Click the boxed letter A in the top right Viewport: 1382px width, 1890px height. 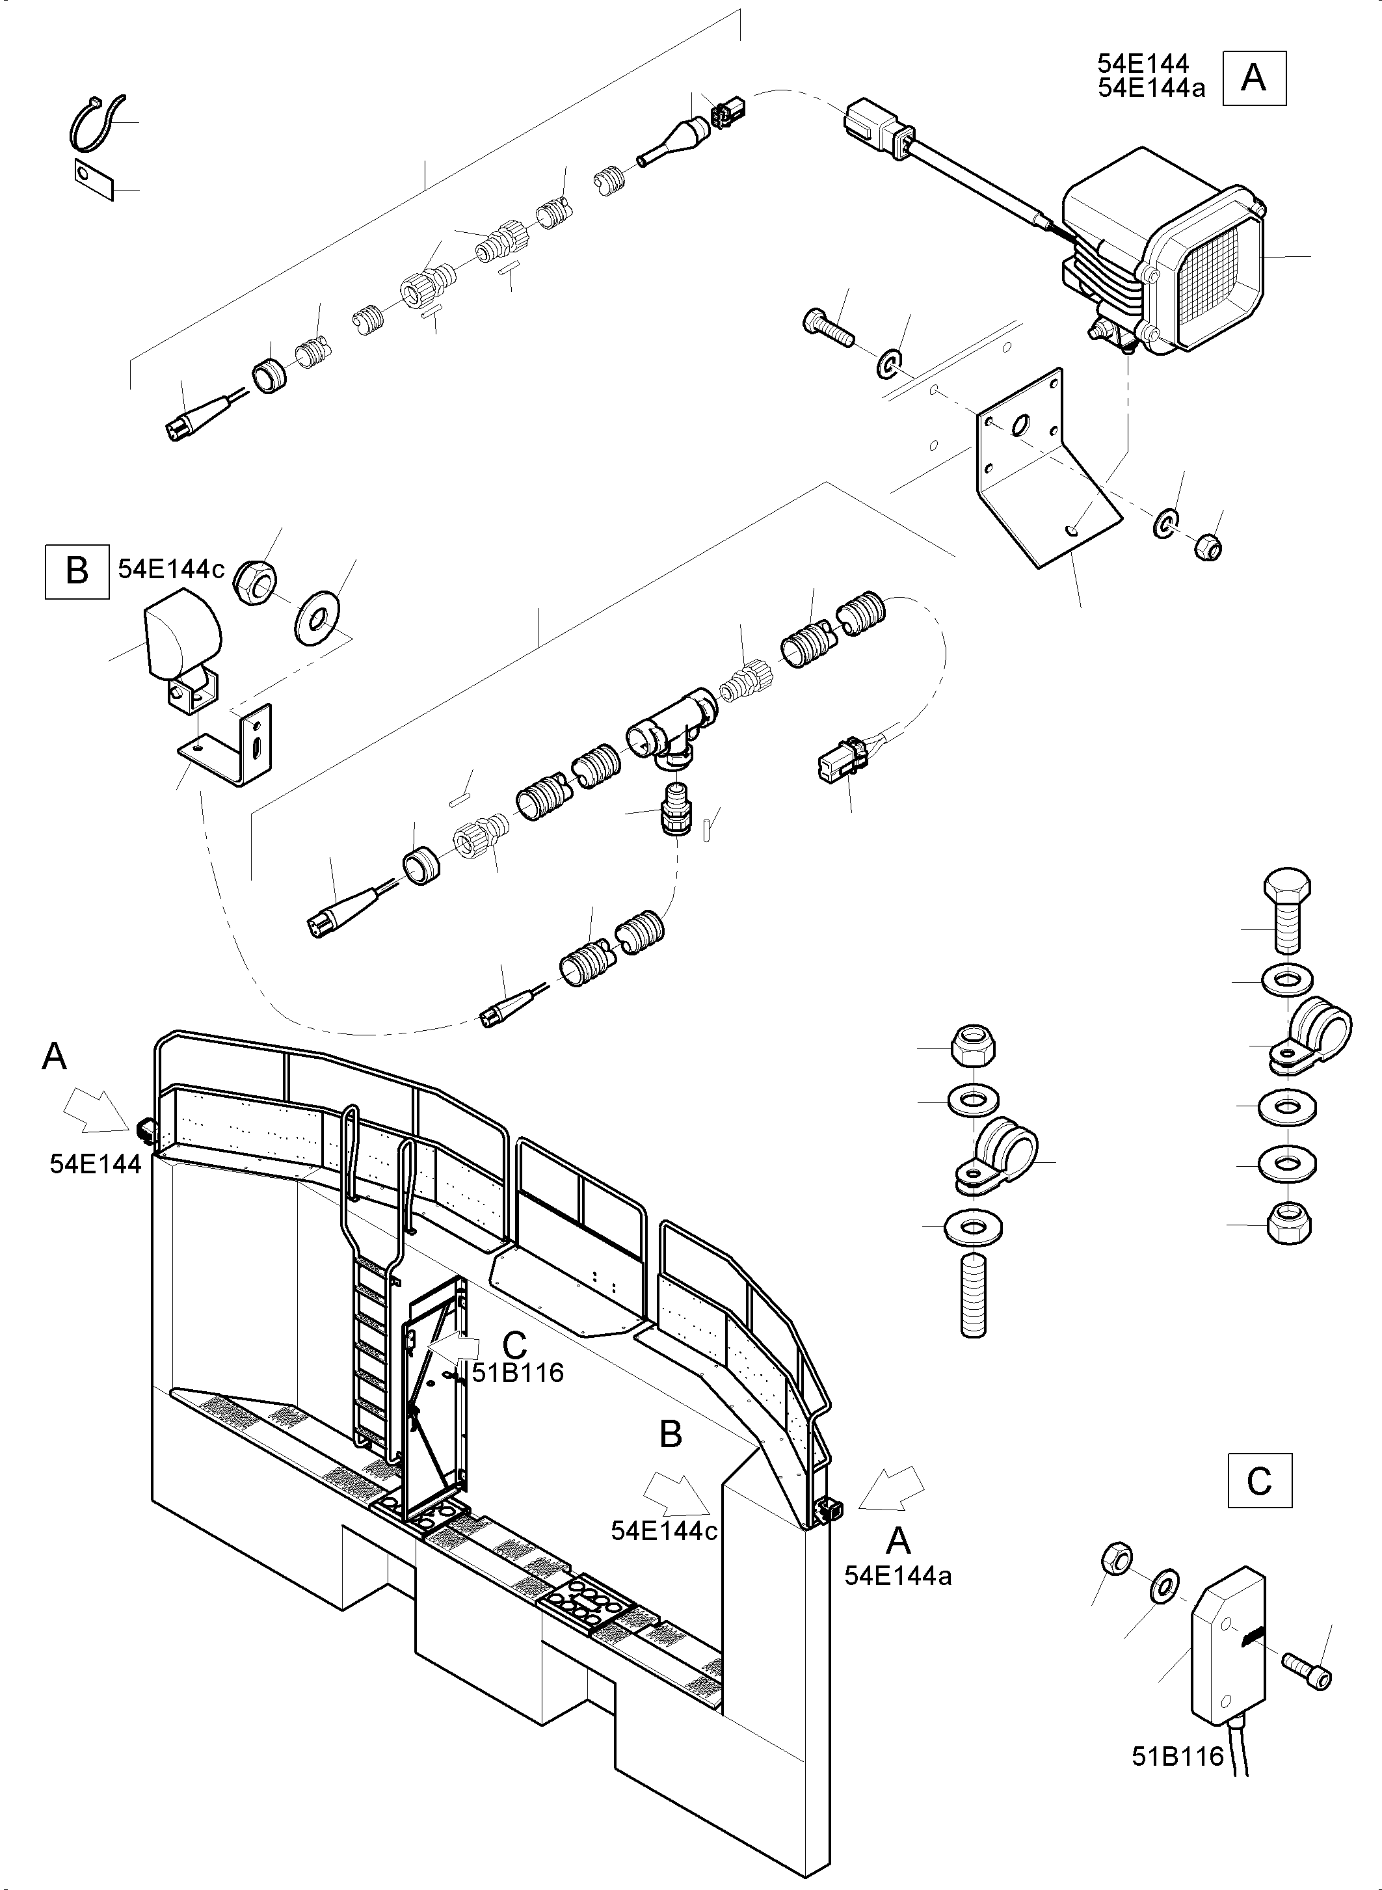coord(1254,78)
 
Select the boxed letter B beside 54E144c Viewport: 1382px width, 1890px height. coord(77,572)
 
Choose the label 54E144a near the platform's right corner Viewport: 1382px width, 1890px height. coord(897,1575)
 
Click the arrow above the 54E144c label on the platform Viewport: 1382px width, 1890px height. coord(676,1495)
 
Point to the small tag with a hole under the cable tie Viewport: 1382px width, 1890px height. coord(94,179)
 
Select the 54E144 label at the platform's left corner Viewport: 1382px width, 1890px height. coord(96,1164)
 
